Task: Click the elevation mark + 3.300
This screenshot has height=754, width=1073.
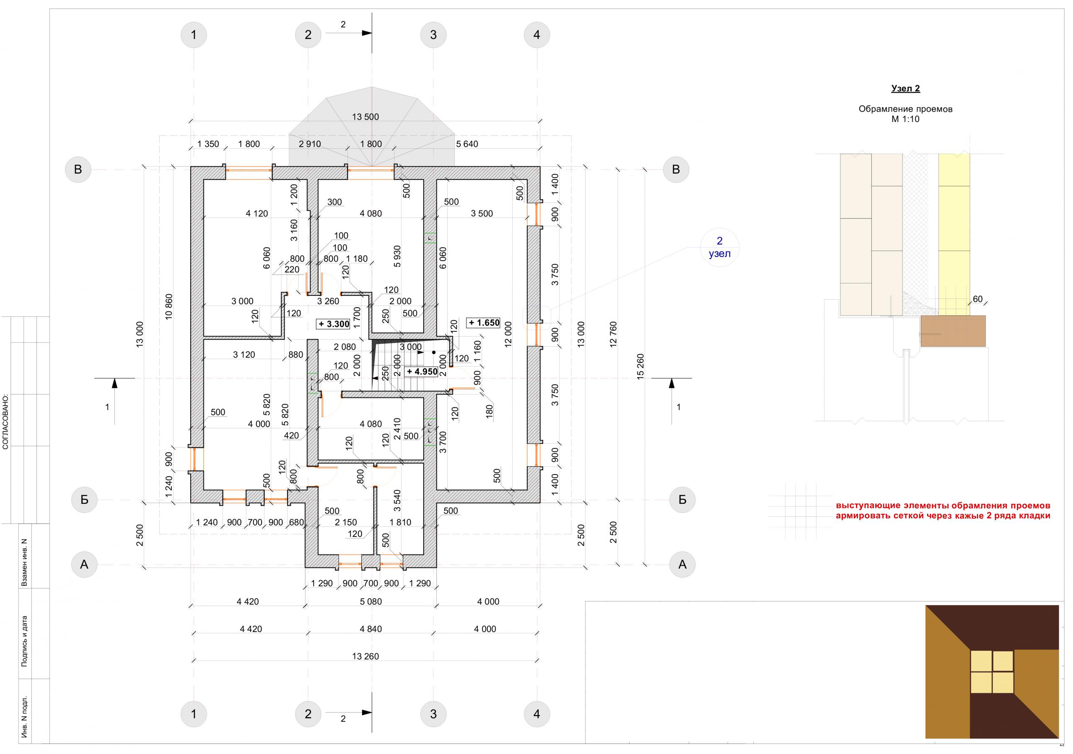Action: pos(333,324)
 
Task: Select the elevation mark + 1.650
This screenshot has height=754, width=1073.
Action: pos(484,323)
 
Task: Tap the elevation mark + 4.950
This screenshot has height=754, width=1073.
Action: pos(422,372)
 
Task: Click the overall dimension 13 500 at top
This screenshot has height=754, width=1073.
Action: pos(365,117)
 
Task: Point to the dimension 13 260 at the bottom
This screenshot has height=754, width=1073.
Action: pos(365,656)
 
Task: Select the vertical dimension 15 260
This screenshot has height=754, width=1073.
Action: pos(640,366)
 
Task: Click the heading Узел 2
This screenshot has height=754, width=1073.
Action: pos(906,88)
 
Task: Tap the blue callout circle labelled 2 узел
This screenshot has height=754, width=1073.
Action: pos(720,247)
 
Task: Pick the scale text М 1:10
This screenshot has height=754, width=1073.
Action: pos(905,119)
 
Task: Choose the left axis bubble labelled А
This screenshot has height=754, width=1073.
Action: pos(84,565)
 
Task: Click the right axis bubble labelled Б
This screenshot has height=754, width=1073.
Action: pos(682,500)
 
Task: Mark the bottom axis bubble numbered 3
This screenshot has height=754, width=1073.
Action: pos(433,714)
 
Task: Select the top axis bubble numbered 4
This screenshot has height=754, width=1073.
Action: pos(536,35)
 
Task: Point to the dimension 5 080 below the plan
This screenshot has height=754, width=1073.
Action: pos(371,601)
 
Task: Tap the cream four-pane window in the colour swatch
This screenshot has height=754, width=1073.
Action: pos(992,672)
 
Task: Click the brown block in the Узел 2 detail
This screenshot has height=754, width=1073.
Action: pos(953,331)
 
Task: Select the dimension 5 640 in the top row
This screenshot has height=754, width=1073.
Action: pos(467,144)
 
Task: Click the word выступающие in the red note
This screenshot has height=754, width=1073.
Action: pos(866,506)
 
